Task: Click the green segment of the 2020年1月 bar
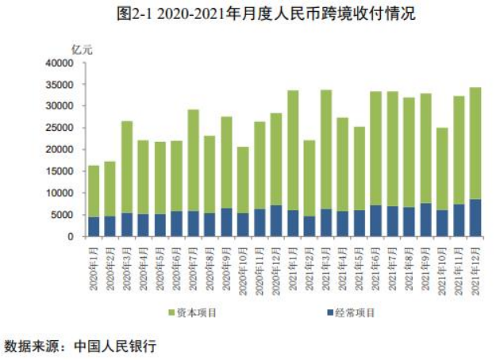pyautogui.click(x=94, y=191)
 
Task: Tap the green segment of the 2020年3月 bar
pyautogui.click(x=127, y=167)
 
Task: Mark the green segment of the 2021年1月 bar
pyautogui.click(x=293, y=151)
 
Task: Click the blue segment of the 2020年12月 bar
pyautogui.click(x=276, y=221)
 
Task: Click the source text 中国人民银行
pyautogui.click(x=115, y=347)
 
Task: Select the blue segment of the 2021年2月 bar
pyautogui.click(x=310, y=227)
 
